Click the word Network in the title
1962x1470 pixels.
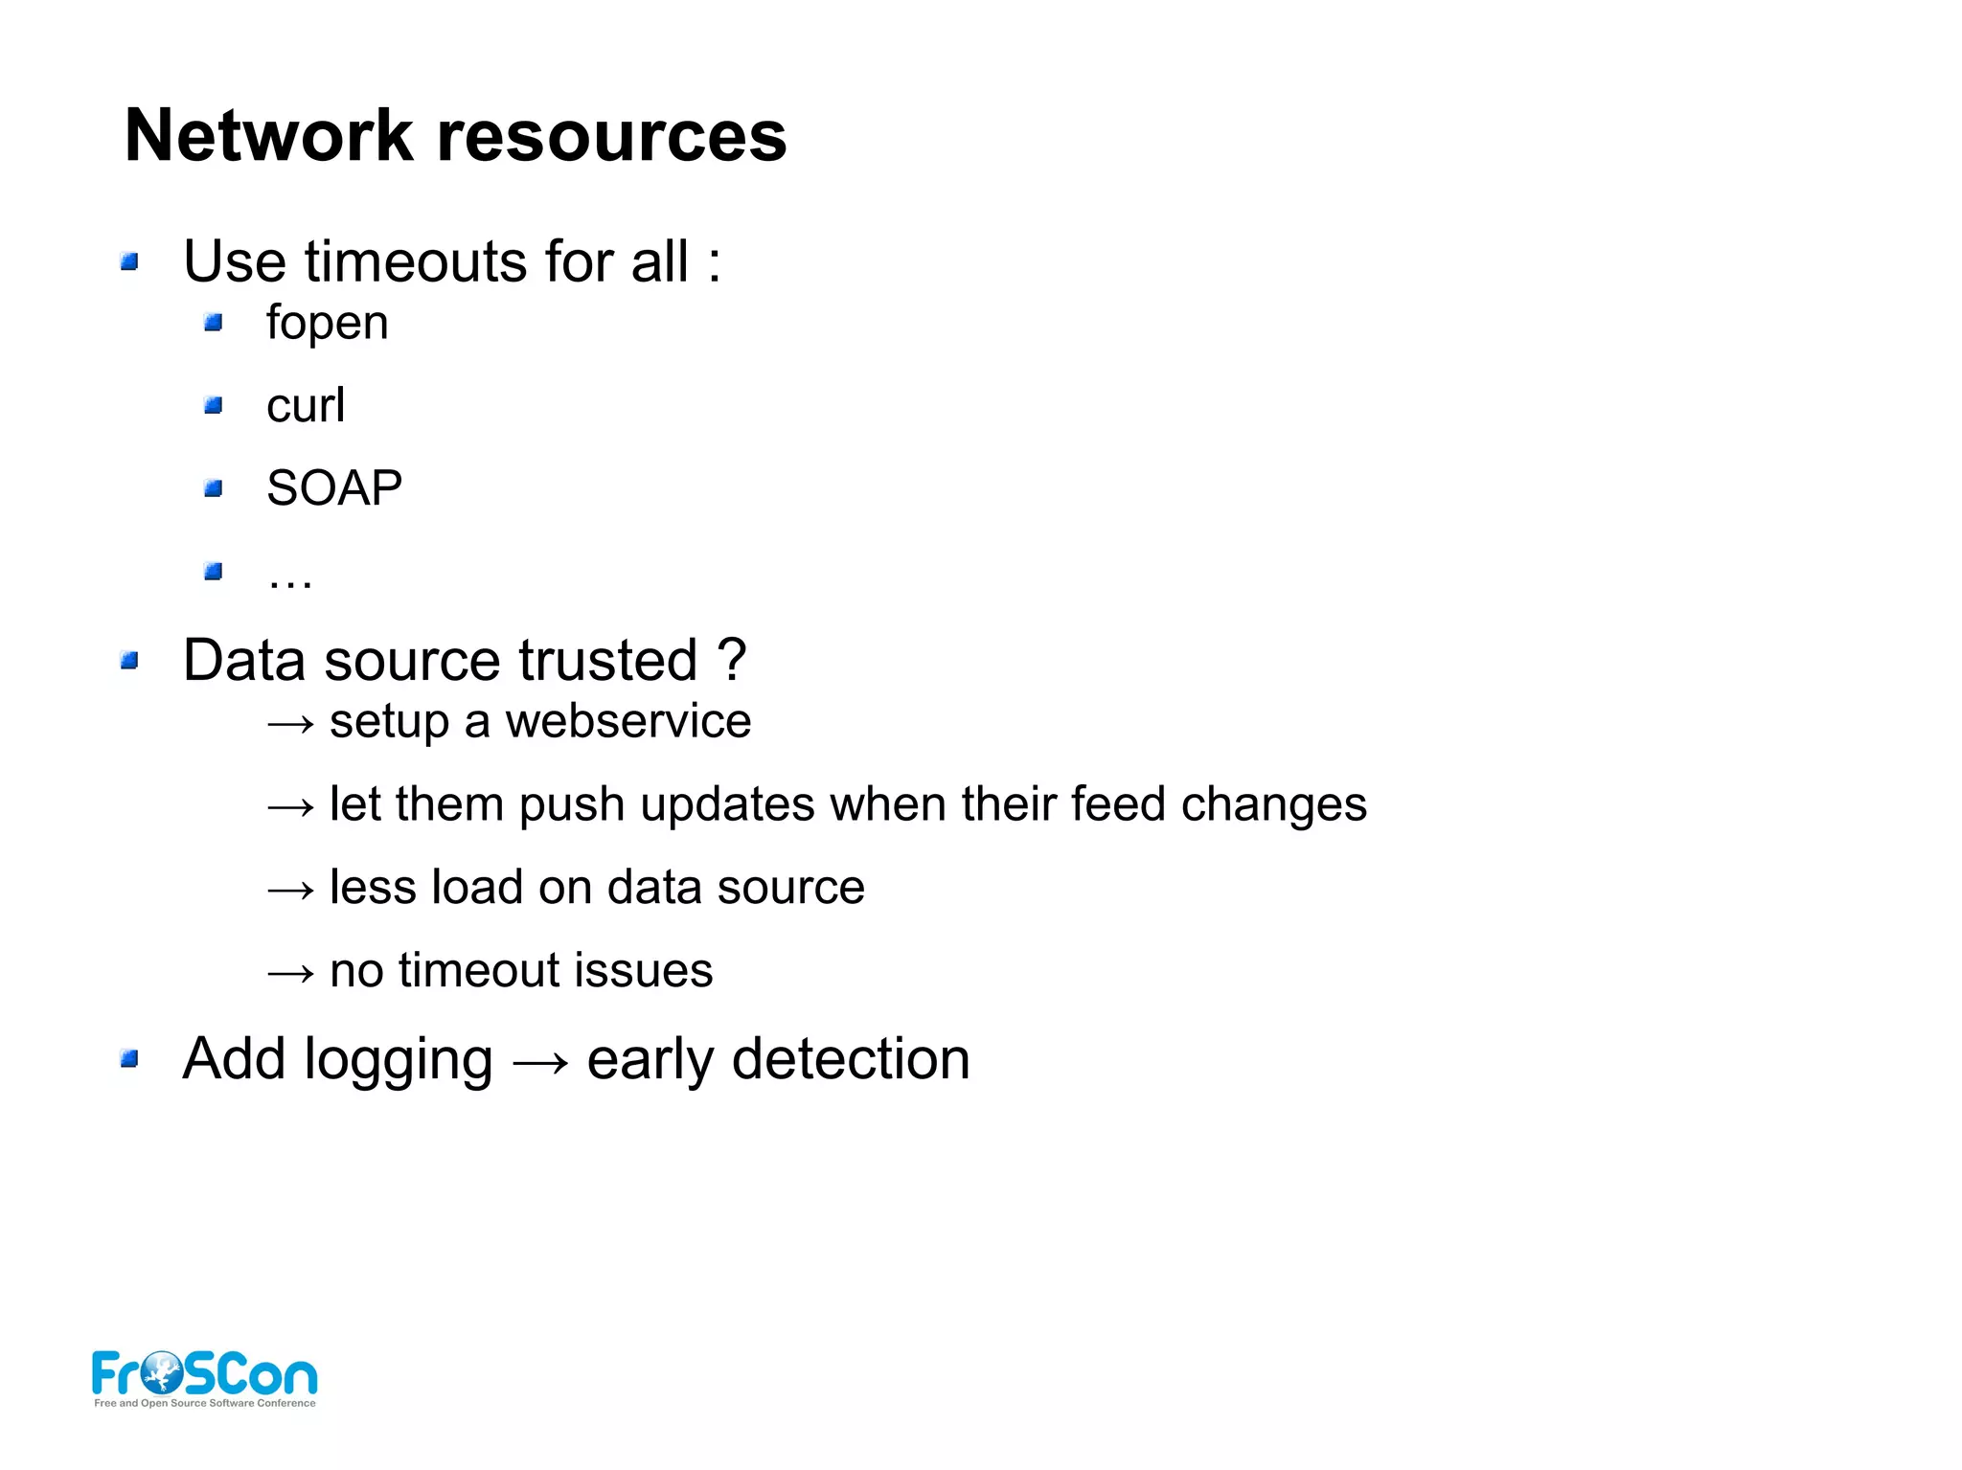tap(268, 136)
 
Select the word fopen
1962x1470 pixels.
tap(327, 324)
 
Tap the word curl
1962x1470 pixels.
tap(305, 405)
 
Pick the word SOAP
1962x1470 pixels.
tap(333, 488)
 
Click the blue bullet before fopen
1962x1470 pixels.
tap(214, 323)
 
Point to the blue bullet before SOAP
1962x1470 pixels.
tap(214, 489)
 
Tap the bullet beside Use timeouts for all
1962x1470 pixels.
tap(130, 261)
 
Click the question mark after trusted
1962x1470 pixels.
tap(731, 660)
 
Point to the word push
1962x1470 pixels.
tap(571, 804)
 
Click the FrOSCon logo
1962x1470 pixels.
tap(204, 1378)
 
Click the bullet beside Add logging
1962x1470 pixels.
tap(130, 1059)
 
